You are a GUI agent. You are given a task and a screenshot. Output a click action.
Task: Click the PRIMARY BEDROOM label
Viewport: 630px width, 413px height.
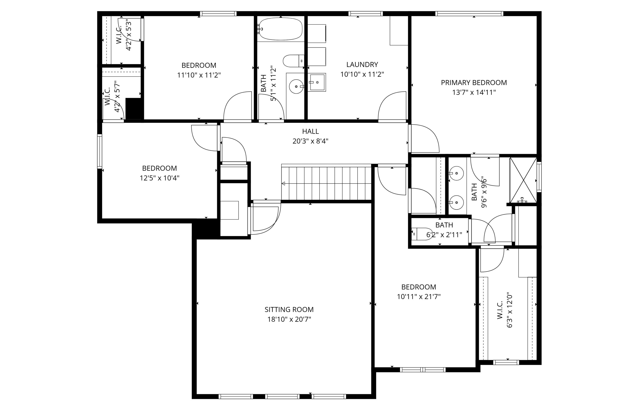tap(474, 83)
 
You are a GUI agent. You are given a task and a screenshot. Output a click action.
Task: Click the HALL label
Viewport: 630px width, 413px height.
tap(310, 131)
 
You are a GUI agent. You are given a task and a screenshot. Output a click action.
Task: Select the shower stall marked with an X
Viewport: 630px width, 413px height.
tap(523, 180)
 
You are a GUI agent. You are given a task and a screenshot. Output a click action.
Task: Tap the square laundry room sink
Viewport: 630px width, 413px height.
tap(317, 82)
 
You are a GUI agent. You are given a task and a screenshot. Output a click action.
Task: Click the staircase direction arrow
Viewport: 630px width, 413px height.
tap(283, 183)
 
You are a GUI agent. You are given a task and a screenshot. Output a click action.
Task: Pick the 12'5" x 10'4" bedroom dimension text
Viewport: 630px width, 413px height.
tap(159, 178)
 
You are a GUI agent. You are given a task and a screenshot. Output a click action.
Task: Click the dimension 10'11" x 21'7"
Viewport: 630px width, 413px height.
tap(419, 297)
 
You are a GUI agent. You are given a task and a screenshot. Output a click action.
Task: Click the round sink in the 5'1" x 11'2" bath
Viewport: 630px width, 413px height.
tap(296, 86)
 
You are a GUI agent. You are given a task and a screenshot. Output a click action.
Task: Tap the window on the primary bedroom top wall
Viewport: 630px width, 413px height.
tap(469, 14)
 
